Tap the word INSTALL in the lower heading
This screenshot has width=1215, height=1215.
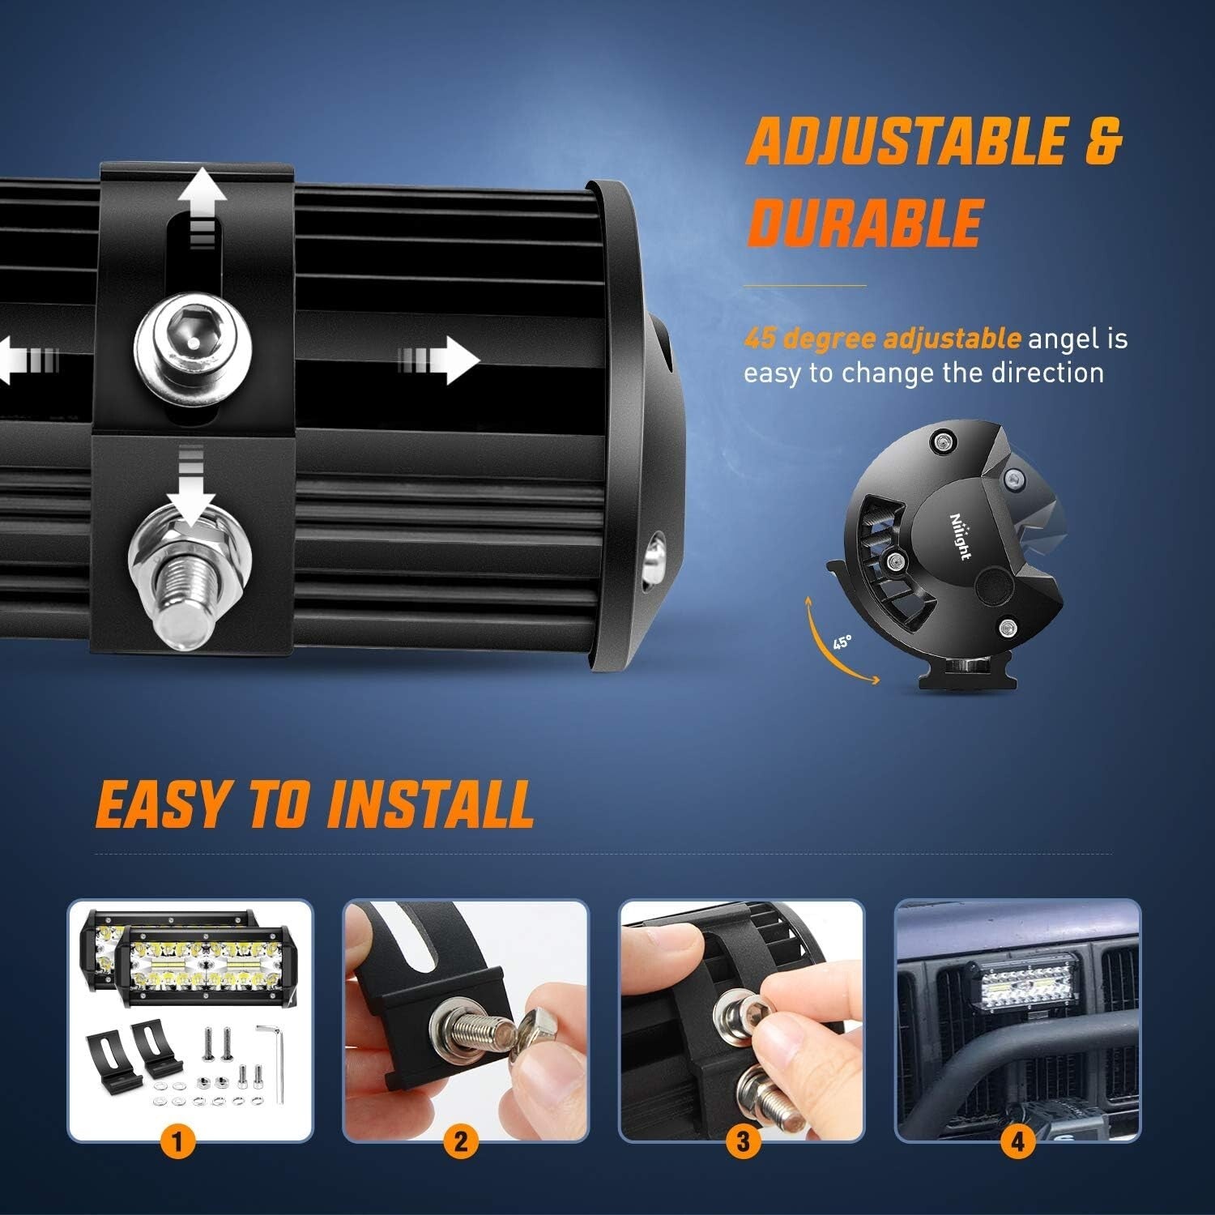coord(430,804)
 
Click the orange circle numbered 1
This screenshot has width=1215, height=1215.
coord(178,1143)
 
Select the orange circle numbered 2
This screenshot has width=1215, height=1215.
coord(460,1143)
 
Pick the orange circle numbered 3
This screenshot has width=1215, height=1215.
coord(742,1143)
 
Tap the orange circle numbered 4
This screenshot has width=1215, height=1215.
coord(1017,1143)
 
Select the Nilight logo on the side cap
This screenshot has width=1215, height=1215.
coord(961,534)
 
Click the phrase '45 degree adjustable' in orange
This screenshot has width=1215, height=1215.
coord(882,339)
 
